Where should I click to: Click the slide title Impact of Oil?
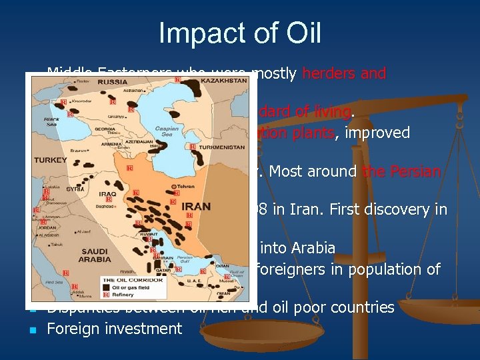click(x=239, y=33)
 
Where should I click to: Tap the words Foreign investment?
click(x=115, y=328)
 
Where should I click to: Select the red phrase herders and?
click(x=344, y=73)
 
